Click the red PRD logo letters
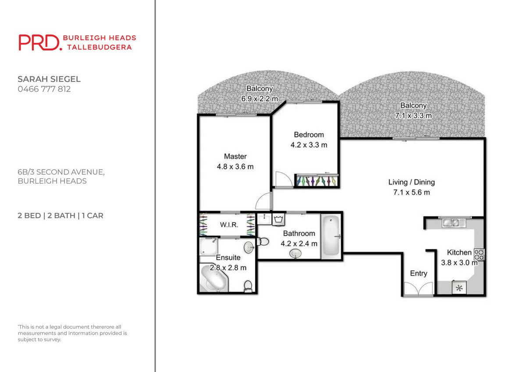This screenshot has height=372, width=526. coord(39,43)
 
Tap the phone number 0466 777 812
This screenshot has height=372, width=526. coord(44,89)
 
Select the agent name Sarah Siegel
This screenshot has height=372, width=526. coord(49,79)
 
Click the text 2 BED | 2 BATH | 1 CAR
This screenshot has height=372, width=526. coord(60,216)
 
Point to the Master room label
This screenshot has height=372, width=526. coord(235,156)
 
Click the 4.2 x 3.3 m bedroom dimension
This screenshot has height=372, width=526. coord(309,145)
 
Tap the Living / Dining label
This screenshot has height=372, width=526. coord(411,182)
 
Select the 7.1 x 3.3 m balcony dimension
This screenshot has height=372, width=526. coord(413,116)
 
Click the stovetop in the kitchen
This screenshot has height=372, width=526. coord(479,255)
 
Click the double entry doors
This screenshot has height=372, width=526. coord(418,289)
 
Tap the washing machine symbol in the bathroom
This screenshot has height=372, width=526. coord(278,219)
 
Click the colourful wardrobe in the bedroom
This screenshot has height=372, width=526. coord(316,181)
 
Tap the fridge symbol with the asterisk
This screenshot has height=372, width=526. coord(459,288)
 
